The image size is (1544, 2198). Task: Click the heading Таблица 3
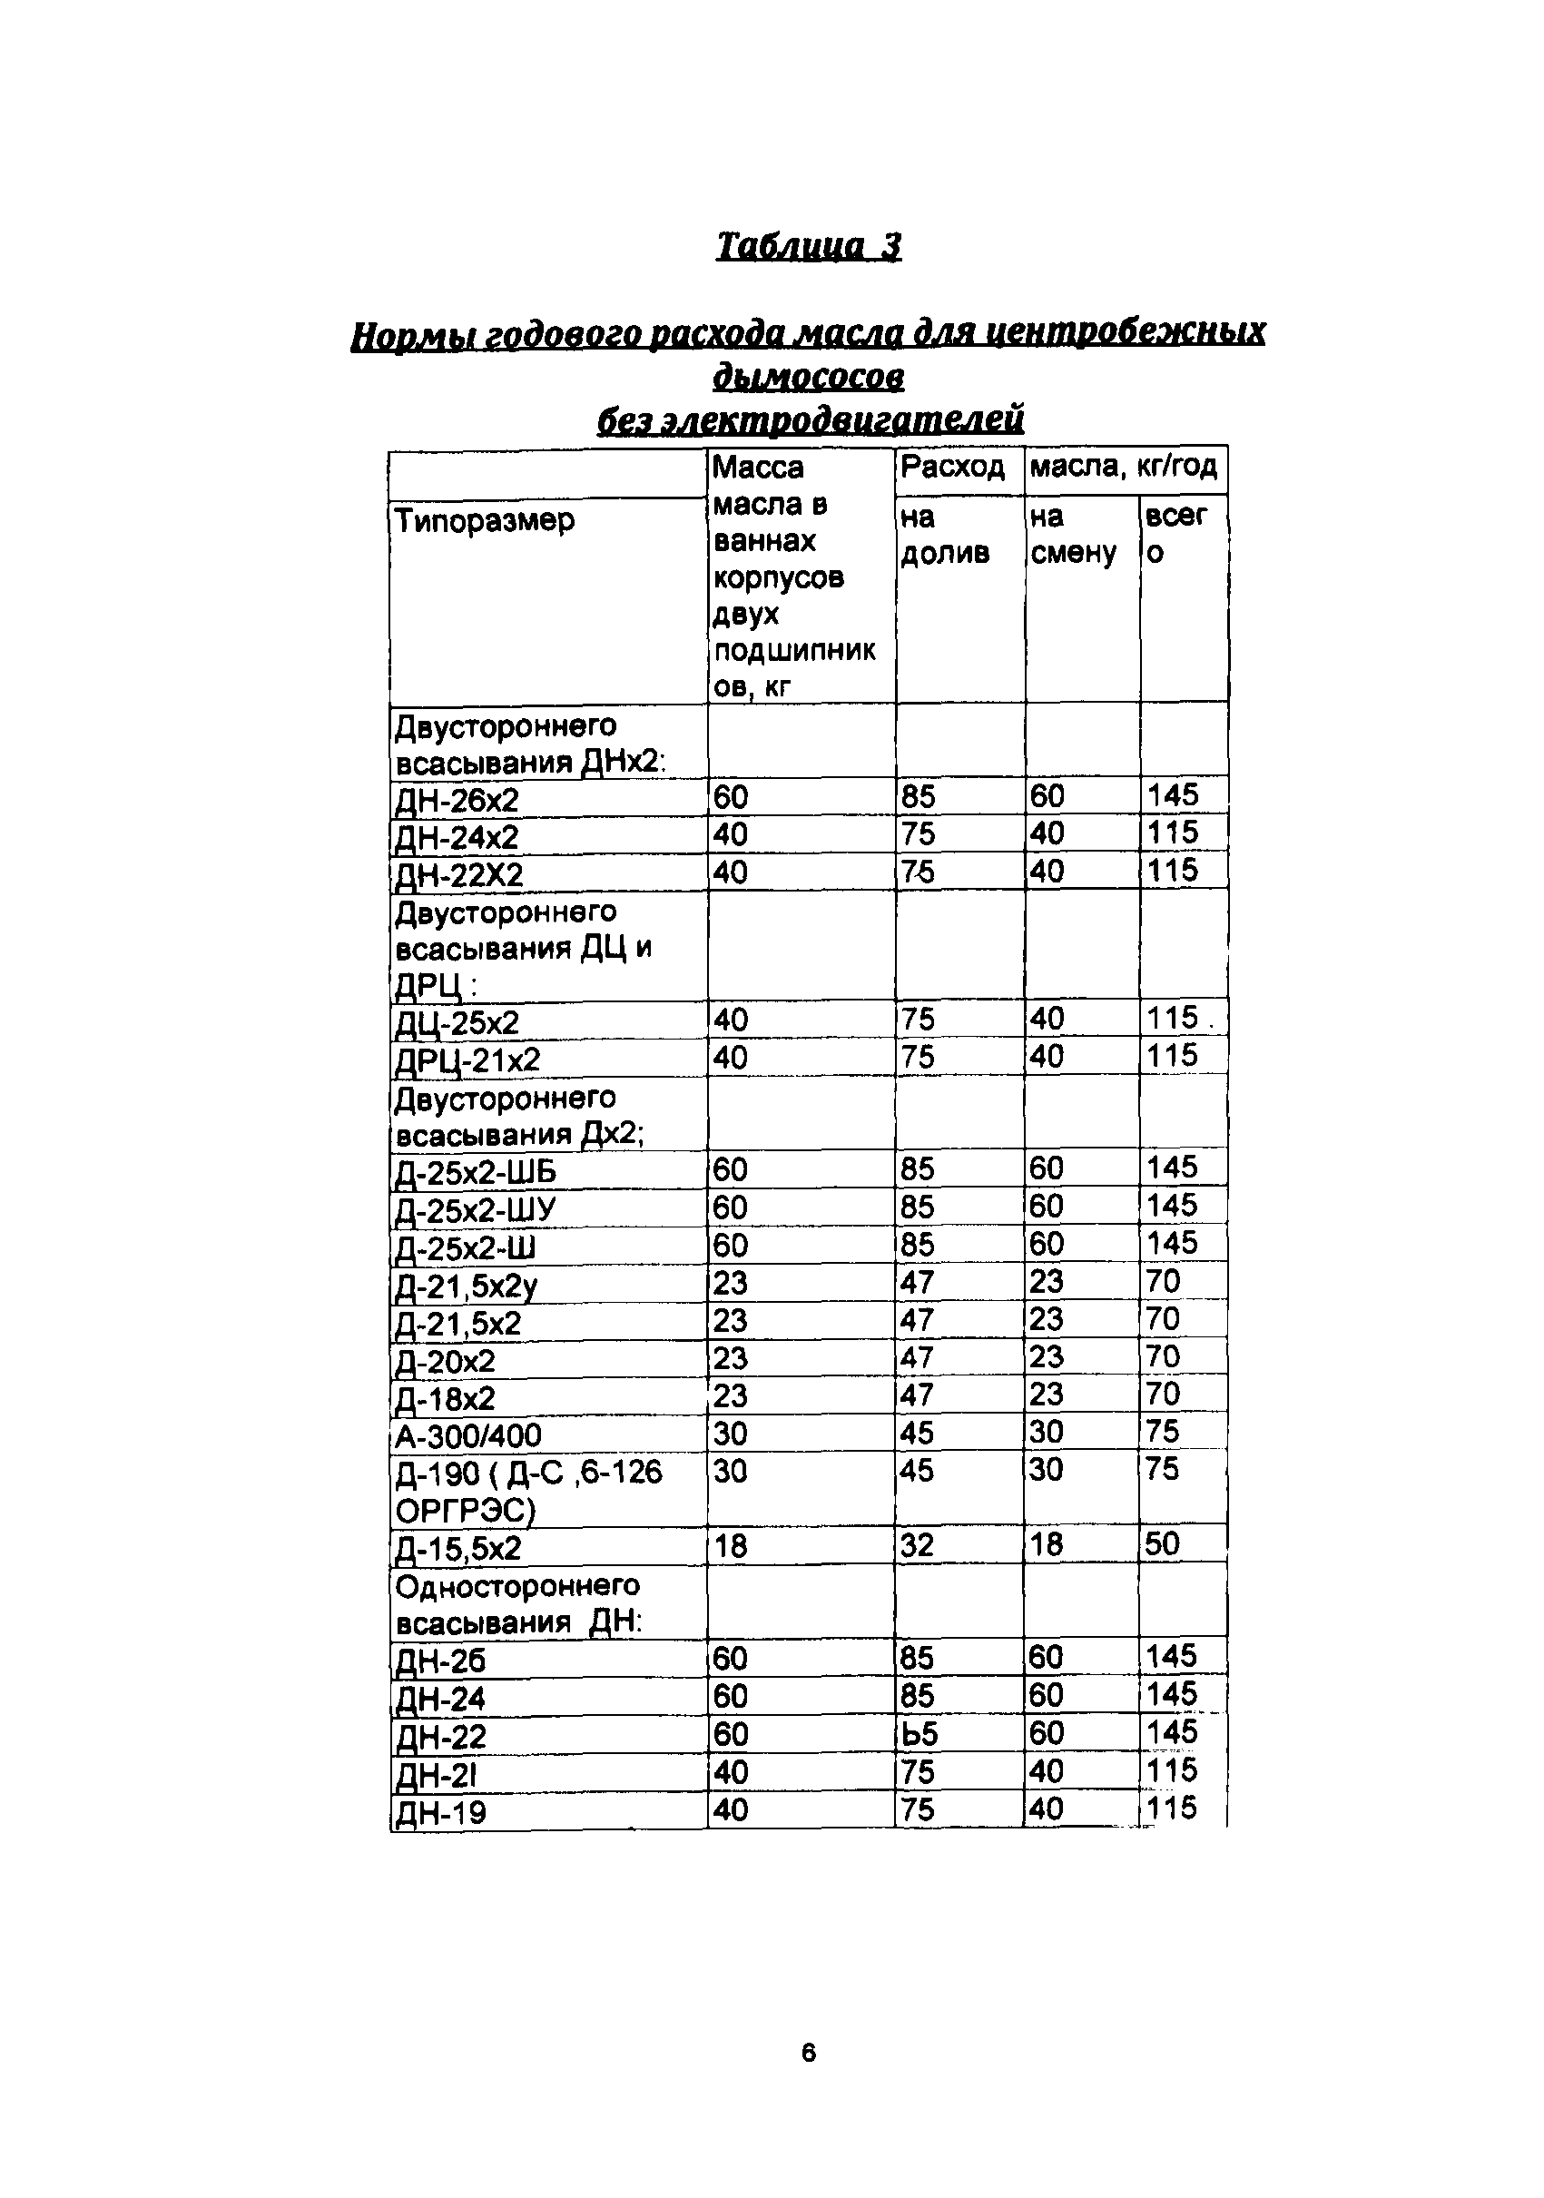[809, 247]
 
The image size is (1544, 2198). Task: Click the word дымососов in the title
[809, 376]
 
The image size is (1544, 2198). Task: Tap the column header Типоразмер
[485, 521]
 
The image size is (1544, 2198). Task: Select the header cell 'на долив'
[944, 536]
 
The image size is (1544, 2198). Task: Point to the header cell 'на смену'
[1073, 536]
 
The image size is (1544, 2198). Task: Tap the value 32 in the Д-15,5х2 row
[916, 1545]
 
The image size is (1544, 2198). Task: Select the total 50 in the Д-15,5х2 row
[1162, 1544]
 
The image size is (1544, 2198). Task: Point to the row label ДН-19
[440, 1813]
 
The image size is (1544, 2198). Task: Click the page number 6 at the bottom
[808, 2053]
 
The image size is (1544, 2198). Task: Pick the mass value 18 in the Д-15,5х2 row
[731, 1546]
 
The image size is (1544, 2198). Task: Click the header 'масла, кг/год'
[1123, 468]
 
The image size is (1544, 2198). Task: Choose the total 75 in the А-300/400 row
[1162, 1432]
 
